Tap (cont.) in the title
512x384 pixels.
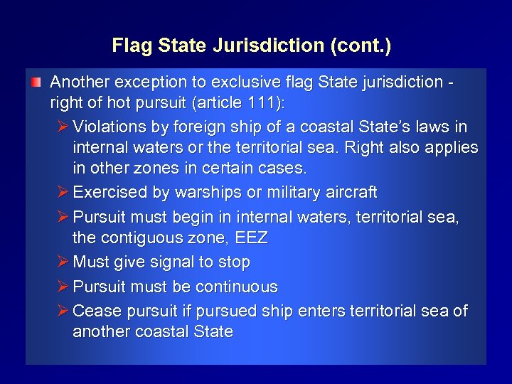tap(361, 46)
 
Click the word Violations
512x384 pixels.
tap(107, 127)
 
